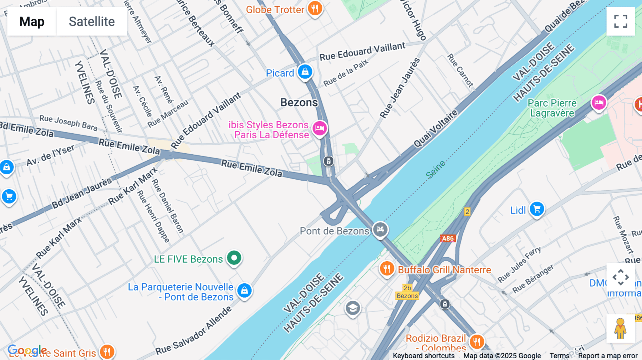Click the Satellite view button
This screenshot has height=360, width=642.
coord(92,21)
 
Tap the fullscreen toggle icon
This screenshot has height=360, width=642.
coord(621,21)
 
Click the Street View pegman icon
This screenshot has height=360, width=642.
coord(621,329)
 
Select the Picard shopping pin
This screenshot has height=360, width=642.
coord(305,72)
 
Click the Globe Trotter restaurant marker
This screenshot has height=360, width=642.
coord(315,9)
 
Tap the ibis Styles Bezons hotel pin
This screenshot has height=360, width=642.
coord(320,128)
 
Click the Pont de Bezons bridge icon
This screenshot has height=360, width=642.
coord(380,229)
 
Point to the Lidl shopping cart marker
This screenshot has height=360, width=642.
coord(537,209)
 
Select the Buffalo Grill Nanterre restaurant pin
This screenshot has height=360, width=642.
coord(387,268)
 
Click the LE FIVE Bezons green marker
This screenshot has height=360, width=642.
coord(234,258)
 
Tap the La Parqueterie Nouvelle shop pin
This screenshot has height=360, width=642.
coord(244,291)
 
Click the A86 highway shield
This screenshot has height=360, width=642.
coord(448,238)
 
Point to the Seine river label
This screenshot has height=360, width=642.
coord(435,170)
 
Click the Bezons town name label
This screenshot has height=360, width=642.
coord(299,103)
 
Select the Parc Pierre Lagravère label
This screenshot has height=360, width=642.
coord(552,108)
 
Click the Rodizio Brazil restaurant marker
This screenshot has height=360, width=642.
coord(477,341)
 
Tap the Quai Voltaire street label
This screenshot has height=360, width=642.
coord(435,129)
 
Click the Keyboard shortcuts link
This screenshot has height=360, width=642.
coord(423,356)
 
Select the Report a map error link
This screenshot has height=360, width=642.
coord(608,356)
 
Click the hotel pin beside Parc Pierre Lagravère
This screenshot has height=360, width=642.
coord(599,103)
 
